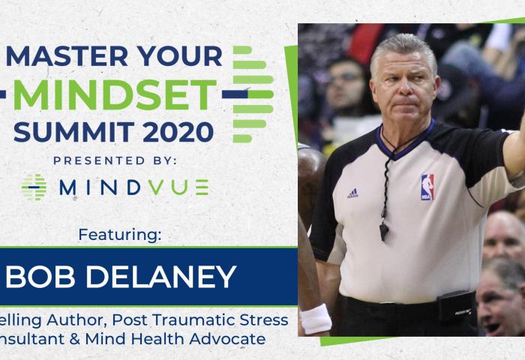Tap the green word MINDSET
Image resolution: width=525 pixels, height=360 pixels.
[x=115, y=94]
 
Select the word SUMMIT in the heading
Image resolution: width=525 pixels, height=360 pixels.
[x=61, y=131]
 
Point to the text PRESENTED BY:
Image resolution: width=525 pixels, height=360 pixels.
[x=115, y=160]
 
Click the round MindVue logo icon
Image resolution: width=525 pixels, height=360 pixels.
[x=34, y=187]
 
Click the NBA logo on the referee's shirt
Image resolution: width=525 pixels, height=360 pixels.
[x=427, y=187]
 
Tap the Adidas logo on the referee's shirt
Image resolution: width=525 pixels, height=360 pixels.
[x=352, y=193]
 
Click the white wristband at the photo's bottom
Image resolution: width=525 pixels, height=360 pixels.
[x=316, y=318]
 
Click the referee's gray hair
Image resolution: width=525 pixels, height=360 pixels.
[x=401, y=46]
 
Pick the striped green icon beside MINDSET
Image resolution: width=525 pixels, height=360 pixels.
[x=252, y=94]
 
